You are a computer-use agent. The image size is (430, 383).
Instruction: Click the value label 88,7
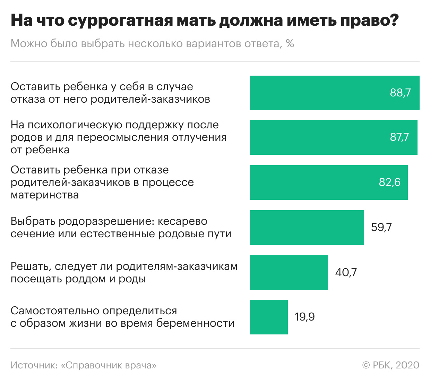click(400, 93)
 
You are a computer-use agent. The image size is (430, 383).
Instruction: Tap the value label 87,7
click(399, 137)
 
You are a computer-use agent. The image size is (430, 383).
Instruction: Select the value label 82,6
click(389, 182)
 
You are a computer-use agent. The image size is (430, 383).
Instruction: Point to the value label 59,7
click(381, 227)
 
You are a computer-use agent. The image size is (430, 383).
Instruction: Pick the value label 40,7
click(346, 272)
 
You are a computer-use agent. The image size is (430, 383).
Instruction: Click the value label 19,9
click(304, 317)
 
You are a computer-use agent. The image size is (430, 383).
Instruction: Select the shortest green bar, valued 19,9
click(268, 317)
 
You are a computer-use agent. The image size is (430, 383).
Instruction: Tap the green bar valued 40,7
click(289, 273)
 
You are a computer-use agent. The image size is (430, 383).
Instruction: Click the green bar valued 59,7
click(307, 228)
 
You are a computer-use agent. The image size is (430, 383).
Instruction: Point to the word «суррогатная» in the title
click(120, 21)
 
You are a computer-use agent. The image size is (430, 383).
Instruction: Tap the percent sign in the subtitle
click(290, 44)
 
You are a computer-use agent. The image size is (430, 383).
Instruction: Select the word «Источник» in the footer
click(33, 365)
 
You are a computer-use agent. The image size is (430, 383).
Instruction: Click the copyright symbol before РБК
click(366, 365)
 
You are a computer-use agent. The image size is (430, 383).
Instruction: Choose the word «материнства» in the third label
click(45, 195)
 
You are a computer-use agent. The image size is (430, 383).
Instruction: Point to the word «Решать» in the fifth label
click(31, 266)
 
